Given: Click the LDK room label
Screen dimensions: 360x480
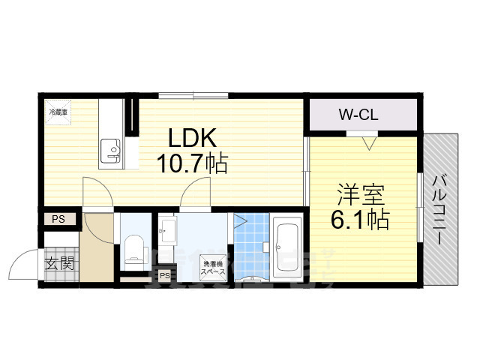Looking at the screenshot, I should pyautogui.click(x=191, y=138).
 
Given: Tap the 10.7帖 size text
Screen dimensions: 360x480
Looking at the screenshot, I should pyautogui.click(x=192, y=163).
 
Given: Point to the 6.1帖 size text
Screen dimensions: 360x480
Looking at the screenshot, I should pyautogui.click(x=361, y=220).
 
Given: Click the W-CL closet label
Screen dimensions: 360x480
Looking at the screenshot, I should pyautogui.click(x=358, y=115).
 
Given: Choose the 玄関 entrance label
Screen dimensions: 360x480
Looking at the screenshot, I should pyautogui.click(x=58, y=263).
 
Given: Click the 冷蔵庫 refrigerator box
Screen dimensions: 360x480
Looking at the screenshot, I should pyautogui.click(x=58, y=112).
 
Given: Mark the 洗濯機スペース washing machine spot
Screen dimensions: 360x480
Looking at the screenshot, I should pyautogui.click(x=211, y=267).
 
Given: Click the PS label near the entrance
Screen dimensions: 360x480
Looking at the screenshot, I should pyautogui.click(x=58, y=219).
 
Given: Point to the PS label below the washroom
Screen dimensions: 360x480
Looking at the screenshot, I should pyautogui.click(x=164, y=276).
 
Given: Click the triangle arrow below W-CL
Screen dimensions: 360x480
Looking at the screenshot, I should pyautogui.click(x=367, y=141).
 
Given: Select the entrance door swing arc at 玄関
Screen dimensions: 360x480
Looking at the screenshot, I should pyautogui.click(x=22, y=262).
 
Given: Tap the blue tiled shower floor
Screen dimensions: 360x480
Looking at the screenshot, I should pyautogui.click(x=252, y=244).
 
